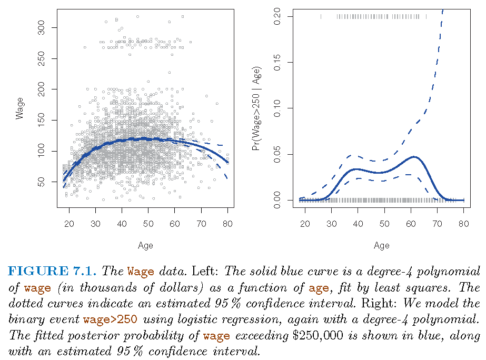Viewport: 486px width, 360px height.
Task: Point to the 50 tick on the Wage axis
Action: click(x=42, y=182)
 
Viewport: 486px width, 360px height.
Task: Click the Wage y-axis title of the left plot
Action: click(x=20, y=107)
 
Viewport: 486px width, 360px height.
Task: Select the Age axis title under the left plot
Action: click(x=145, y=245)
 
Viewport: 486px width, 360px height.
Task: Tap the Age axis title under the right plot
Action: click(x=382, y=245)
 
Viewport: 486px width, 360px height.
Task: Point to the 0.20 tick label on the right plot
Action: click(x=279, y=17)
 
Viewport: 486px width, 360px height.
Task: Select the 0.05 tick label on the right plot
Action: click(x=279, y=154)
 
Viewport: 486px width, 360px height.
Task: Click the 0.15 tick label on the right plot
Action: click(x=279, y=63)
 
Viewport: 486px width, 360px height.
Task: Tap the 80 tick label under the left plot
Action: click(x=227, y=225)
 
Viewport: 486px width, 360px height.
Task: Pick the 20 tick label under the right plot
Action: click(x=305, y=225)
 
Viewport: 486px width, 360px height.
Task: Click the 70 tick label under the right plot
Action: click(x=437, y=225)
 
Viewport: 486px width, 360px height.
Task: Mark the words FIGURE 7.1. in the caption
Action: click(x=52, y=272)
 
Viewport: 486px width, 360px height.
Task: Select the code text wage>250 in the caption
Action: click(x=111, y=320)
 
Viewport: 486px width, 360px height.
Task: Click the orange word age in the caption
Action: click(x=319, y=288)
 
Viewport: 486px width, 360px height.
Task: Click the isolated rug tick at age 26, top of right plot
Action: click(x=321, y=17)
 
